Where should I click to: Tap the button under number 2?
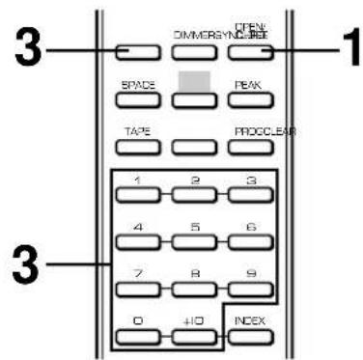click(x=197, y=195)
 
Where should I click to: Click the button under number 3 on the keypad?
click(x=249, y=195)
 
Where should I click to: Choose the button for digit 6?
click(x=249, y=243)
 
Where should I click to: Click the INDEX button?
click(x=249, y=340)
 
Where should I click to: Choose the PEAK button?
click(x=249, y=100)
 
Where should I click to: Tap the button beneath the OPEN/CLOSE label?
click(x=249, y=52)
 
